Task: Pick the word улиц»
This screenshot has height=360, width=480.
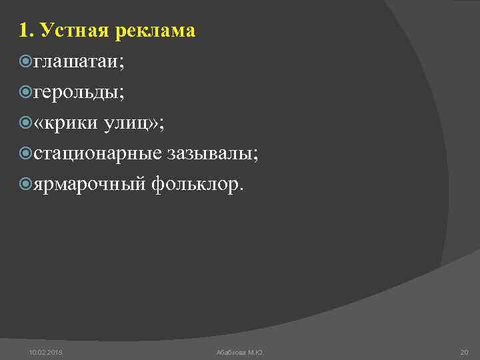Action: click(x=137, y=123)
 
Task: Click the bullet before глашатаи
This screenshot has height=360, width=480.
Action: click(x=26, y=63)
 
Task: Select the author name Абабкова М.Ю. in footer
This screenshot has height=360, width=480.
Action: click(x=240, y=351)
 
